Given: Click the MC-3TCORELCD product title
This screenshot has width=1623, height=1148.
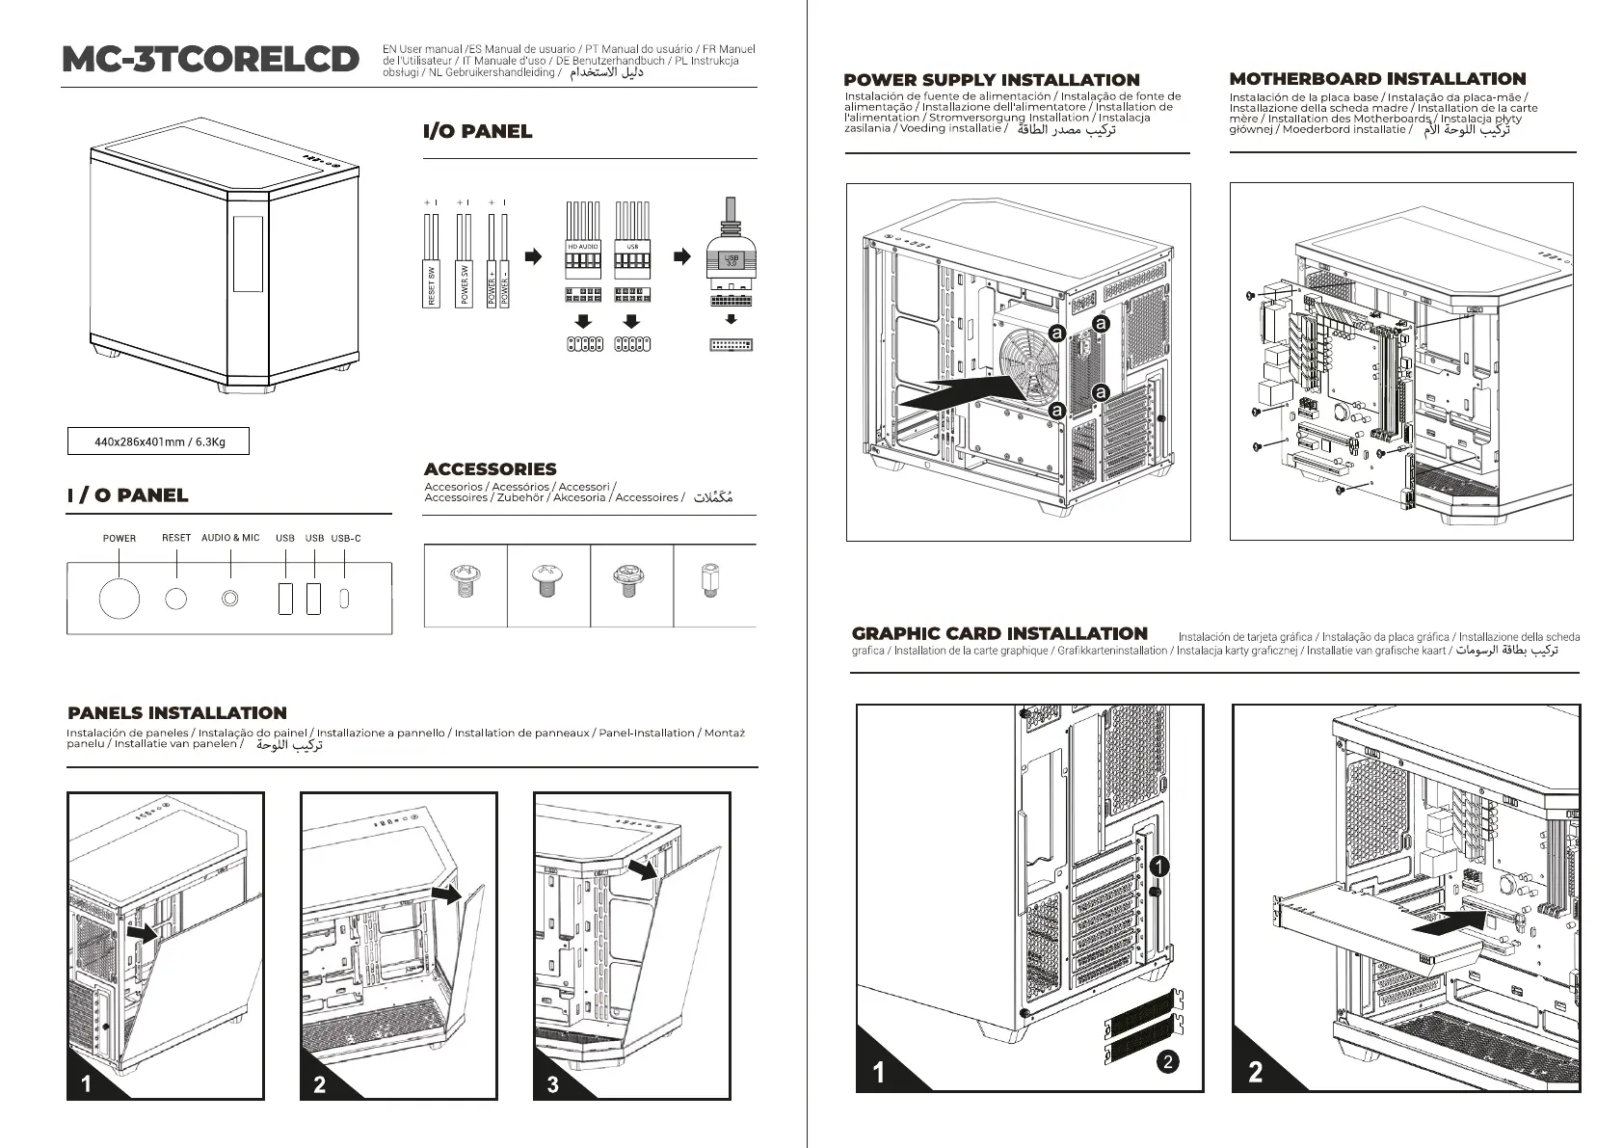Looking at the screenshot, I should click(210, 59).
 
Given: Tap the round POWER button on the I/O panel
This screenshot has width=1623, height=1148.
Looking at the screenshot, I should click(120, 598).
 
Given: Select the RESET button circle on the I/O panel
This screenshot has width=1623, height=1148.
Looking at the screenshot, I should click(175, 598).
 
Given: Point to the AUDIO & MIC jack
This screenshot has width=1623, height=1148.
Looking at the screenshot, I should click(229, 598).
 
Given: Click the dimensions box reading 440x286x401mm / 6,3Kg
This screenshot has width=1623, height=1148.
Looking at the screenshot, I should click(159, 441).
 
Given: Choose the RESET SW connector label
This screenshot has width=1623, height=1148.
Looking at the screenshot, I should click(431, 284).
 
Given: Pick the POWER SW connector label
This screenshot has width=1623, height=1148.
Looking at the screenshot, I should click(464, 284).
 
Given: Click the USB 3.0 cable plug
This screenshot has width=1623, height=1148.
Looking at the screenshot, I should click(731, 260).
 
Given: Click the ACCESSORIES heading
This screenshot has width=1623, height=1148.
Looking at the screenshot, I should click(490, 469).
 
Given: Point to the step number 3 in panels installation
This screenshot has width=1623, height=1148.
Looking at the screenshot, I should click(552, 1084).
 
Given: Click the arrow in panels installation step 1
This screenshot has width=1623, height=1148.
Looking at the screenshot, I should click(143, 933).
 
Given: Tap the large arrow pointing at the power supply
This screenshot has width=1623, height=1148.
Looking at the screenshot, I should click(959, 391).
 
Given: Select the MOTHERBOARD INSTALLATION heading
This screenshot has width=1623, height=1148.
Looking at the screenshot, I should click(1377, 79).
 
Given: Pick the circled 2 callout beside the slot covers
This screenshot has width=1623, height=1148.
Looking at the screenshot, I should click(1167, 1062).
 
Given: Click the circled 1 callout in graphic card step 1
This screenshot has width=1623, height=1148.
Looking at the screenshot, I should click(1159, 866).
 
